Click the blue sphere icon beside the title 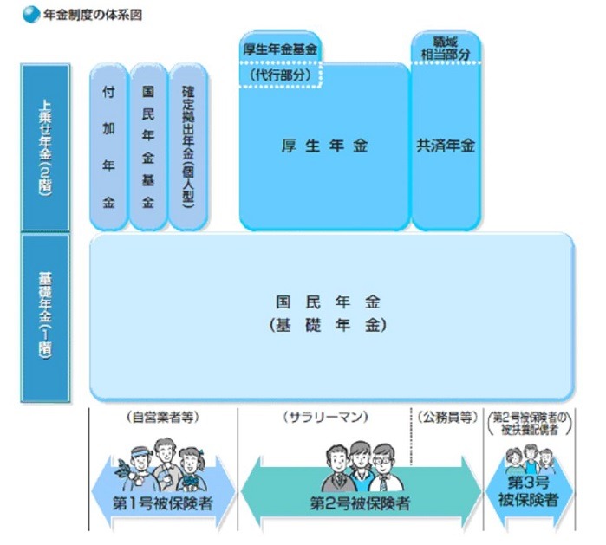31,15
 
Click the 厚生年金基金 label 280,49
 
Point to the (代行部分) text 280,75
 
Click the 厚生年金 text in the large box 323,146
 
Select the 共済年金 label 445,146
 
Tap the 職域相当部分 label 445,47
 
